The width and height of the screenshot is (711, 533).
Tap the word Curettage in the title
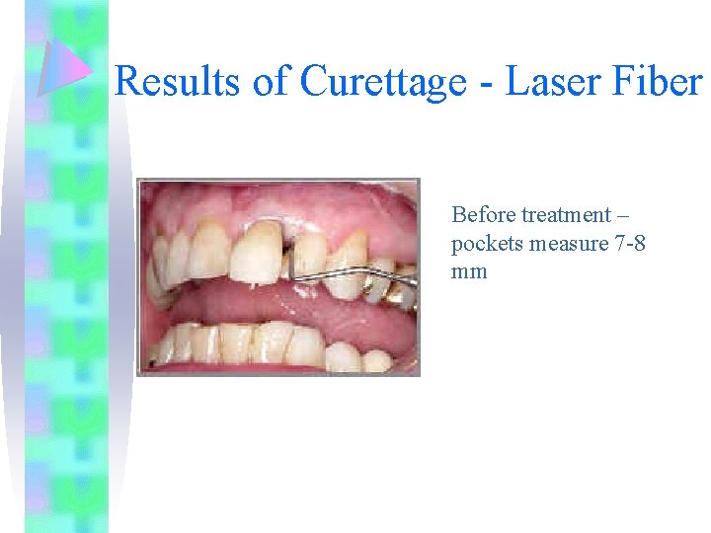(x=382, y=81)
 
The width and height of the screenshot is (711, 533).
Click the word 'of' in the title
(x=271, y=81)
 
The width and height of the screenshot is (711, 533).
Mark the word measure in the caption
(x=562, y=243)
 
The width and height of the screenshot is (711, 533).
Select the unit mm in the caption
(x=469, y=270)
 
